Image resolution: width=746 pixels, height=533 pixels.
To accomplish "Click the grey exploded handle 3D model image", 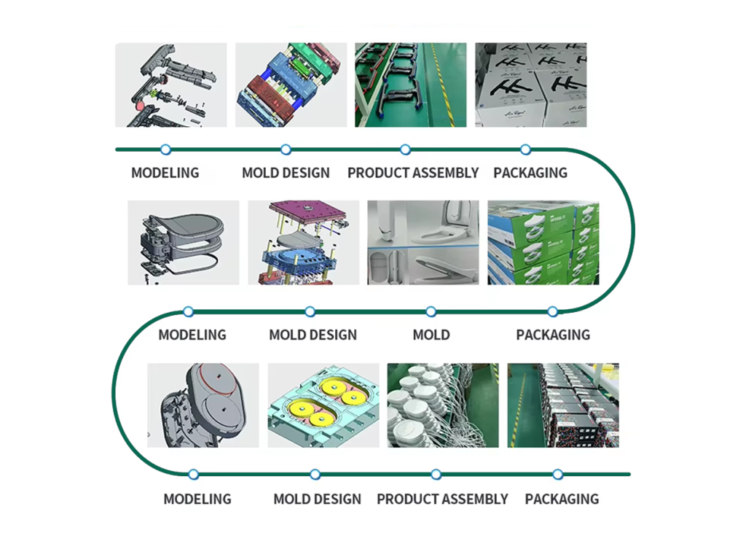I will click(x=171, y=85).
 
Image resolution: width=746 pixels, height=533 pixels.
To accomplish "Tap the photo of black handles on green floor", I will click(x=410, y=85).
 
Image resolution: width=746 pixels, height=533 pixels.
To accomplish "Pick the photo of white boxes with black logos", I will click(x=530, y=85).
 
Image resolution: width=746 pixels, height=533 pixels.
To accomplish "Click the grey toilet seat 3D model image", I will click(x=183, y=242).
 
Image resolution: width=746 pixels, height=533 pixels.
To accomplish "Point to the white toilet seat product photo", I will click(x=423, y=242).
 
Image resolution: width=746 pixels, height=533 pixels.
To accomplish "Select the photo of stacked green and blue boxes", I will click(x=543, y=242).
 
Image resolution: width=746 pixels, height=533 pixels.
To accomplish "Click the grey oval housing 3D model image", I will click(x=203, y=405).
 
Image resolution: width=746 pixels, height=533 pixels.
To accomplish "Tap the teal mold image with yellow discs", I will click(x=323, y=405).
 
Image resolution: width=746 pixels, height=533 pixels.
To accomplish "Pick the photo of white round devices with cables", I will click(x=443, y=405).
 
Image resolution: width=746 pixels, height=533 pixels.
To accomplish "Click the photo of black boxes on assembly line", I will click(x=563, y=405).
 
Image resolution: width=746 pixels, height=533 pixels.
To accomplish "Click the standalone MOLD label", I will click(x=431, y=335).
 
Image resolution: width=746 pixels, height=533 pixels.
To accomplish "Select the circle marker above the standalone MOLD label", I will click(x=431, y=312).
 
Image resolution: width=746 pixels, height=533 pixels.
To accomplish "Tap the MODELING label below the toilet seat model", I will click(x=192, y=335).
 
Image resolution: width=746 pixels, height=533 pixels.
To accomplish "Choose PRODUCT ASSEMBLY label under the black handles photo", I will click(x=413, y=174).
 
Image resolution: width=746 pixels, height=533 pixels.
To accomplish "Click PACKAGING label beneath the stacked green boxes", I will click(x=553, y=335).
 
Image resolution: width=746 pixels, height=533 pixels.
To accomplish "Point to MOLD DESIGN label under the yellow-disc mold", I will click(x=317, y=499).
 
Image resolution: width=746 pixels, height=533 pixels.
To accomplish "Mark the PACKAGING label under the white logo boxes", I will click(x=530, y=174).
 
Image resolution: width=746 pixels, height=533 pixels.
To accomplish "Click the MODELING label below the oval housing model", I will click(x=197, y=499).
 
